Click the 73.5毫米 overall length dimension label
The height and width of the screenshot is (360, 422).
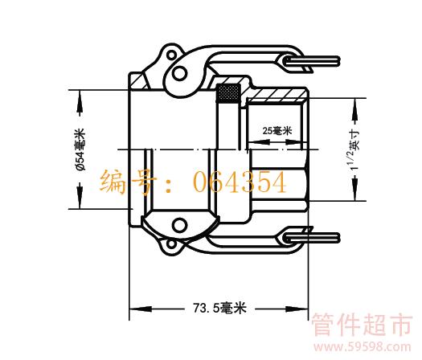(219, 308)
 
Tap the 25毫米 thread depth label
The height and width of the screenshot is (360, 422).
(277, 131)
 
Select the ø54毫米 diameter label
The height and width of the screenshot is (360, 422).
(80, 149)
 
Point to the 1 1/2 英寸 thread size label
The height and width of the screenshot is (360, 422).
(355, 149)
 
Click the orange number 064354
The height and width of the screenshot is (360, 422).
(240, 182)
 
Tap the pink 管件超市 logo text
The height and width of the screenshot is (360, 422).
(362, 325)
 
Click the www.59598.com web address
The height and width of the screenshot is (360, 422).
(363, 347)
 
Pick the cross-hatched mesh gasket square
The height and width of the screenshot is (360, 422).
(228, 93)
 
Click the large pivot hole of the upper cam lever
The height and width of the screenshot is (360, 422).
(179, 73)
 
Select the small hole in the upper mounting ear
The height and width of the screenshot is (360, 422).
(171, 55)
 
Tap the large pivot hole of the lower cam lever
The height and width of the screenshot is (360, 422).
(179, 225)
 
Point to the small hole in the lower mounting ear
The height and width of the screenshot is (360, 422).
(171, 244)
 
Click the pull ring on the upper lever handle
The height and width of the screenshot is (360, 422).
(311, 61)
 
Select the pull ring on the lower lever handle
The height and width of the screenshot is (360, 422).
(311, 238)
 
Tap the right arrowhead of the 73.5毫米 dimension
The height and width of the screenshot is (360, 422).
(297, 309)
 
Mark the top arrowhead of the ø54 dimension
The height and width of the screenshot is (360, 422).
(80, 101)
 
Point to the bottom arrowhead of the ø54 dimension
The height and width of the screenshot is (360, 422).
(80, 197)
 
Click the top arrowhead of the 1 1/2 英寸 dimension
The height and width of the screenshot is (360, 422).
(355, 109)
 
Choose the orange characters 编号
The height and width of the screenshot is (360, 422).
(128, 182)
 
